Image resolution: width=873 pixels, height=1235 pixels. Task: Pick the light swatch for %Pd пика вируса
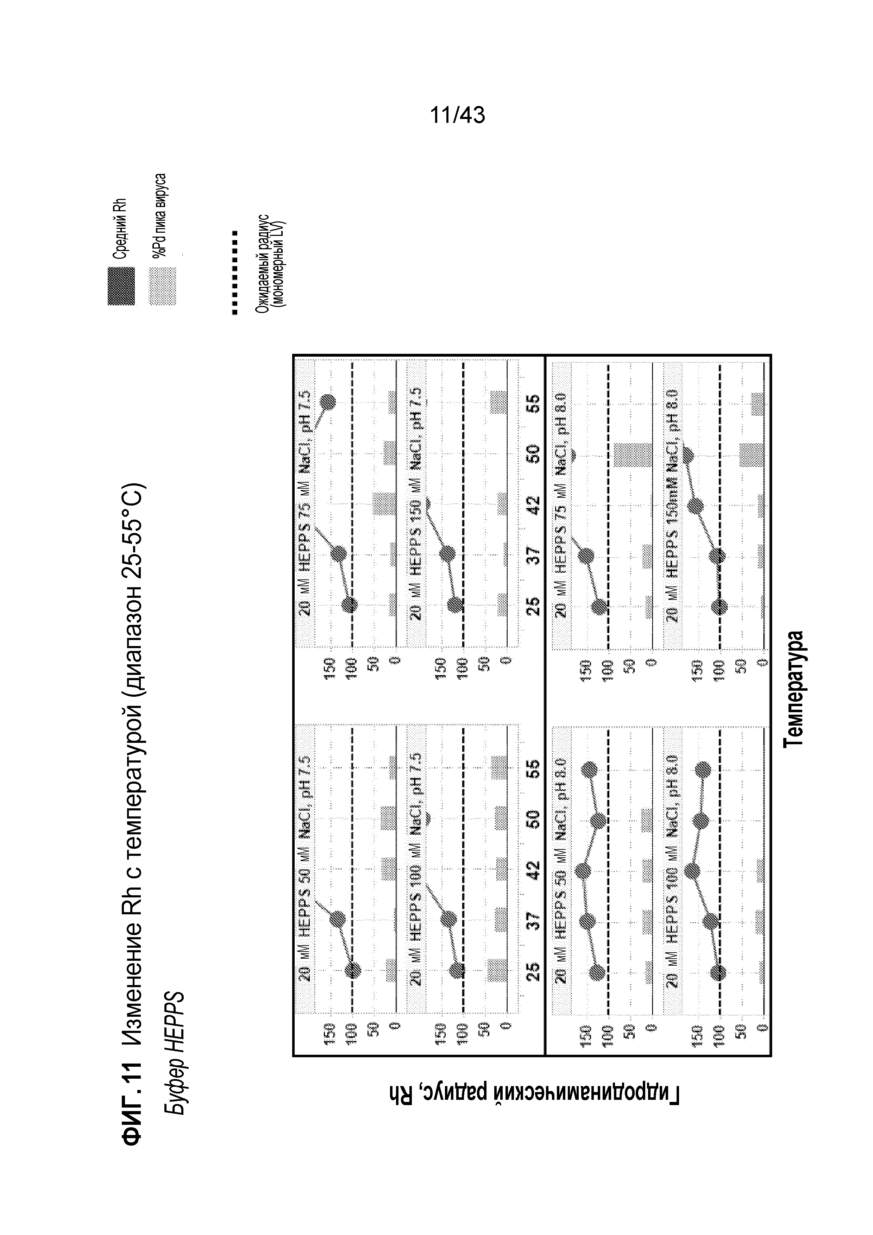162,286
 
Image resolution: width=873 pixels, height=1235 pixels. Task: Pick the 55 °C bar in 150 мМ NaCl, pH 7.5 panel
498,402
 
